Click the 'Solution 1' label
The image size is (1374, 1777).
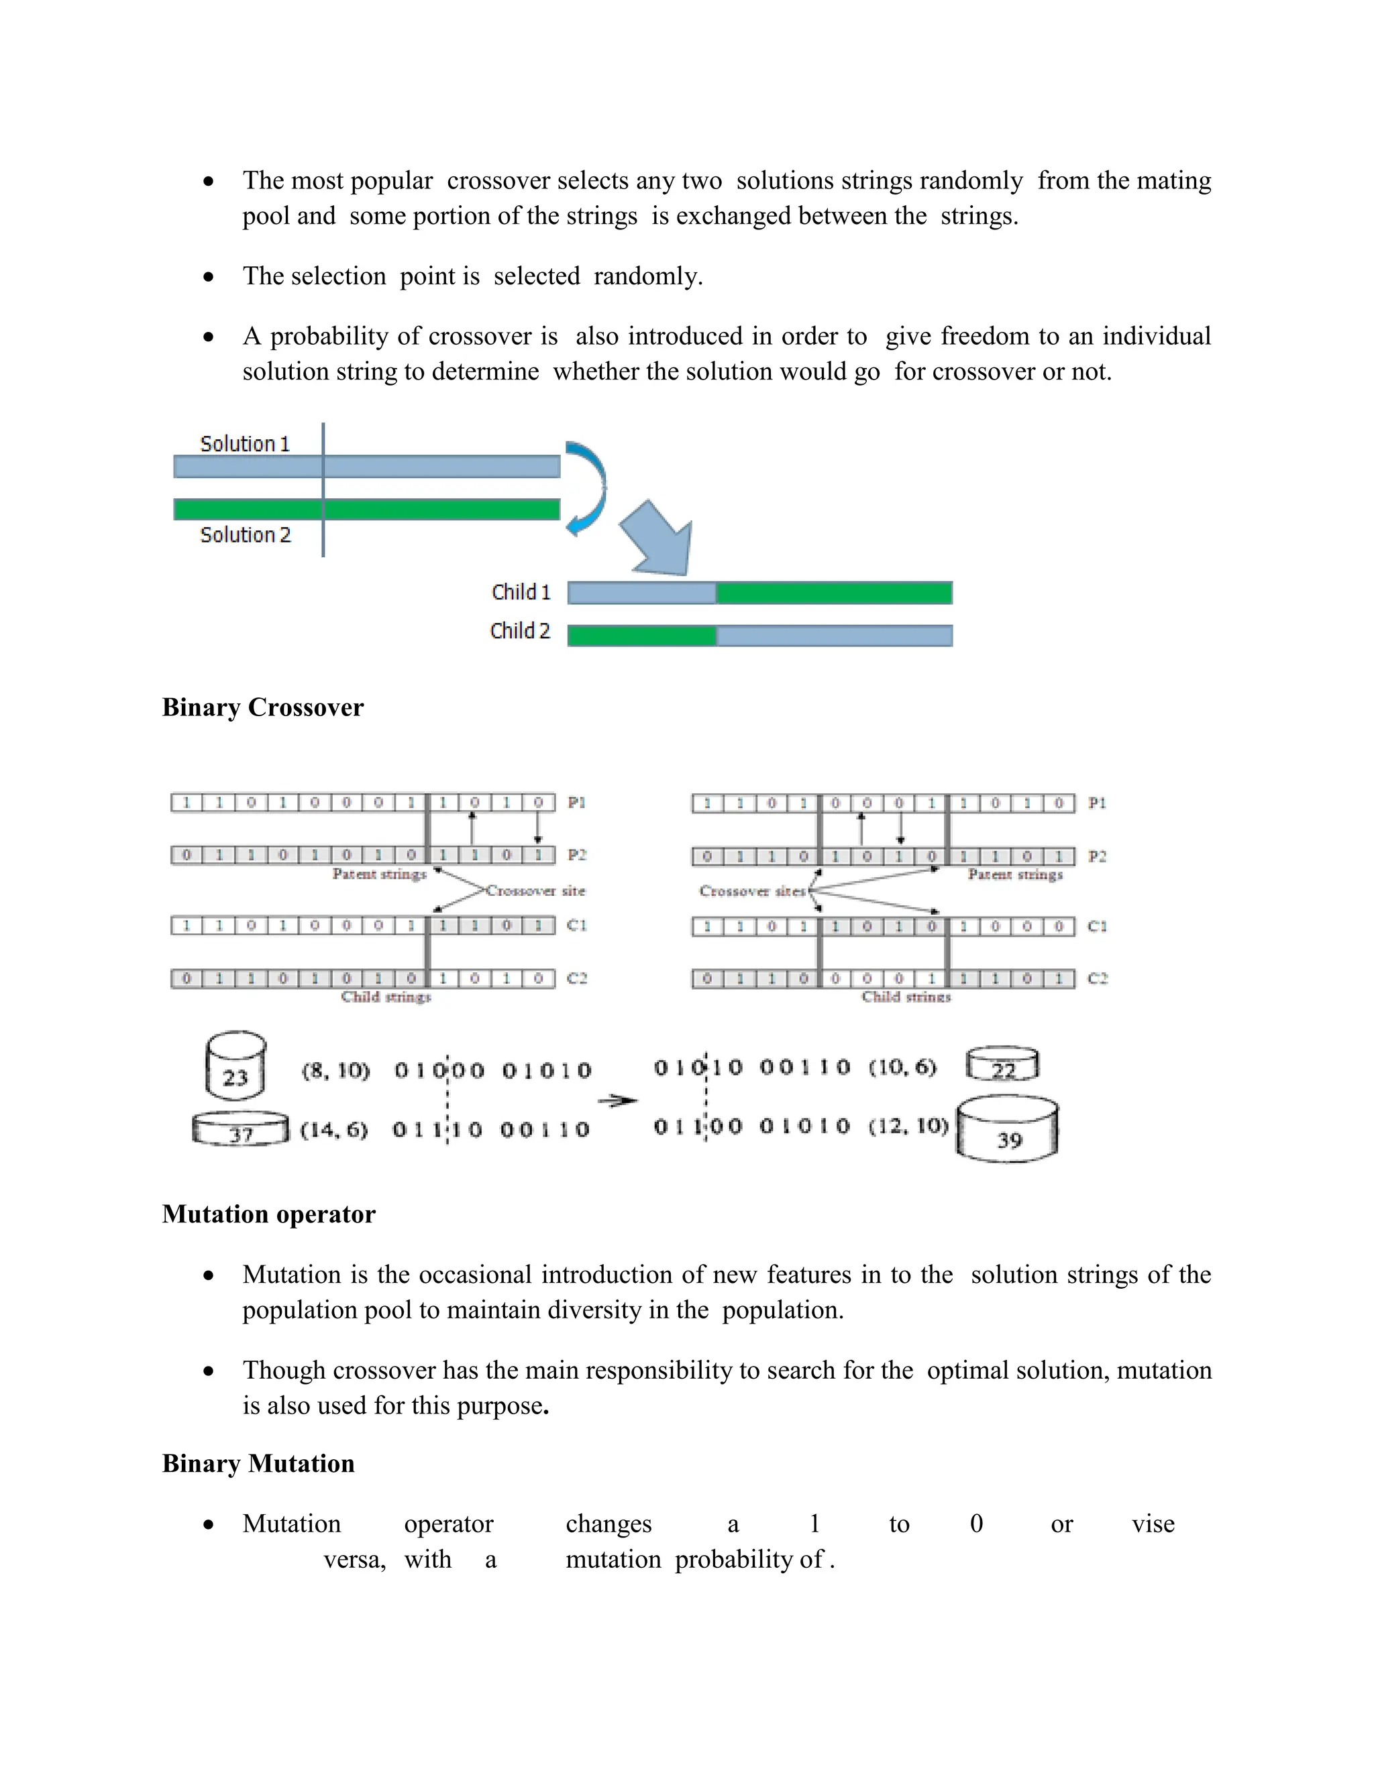[x=244, y=444]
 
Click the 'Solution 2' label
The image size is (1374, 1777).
[x=245, y=535]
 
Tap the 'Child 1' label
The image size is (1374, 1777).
[x=520, y=592]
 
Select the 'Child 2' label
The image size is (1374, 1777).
[x=519, y=632]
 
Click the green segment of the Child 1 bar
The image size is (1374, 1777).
[x=833, y=593]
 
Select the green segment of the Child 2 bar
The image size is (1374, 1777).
[x=641, y=636]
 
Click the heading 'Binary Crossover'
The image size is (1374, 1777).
[x=262, y=707]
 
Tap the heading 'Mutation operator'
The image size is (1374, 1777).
[x=268, y=1214]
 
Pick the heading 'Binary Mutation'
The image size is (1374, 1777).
[x=258, y=1464]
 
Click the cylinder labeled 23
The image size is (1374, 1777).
[x=235, y=1066]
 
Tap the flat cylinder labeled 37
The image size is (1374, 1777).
[x=240, y=1129]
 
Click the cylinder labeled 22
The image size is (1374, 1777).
[x=1002, y=1065]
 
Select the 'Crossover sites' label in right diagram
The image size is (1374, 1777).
[x=751, y=892]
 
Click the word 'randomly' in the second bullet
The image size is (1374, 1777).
[x=647, y=277]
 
